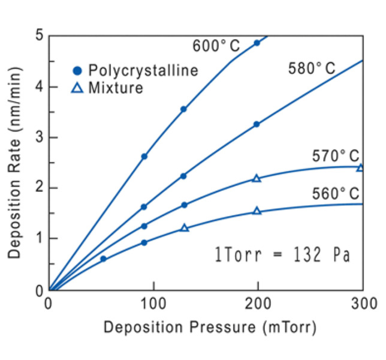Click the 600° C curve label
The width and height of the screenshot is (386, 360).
[216, 46]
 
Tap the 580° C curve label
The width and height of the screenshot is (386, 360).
[312, 69]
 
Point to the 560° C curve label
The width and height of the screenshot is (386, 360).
[336, 194]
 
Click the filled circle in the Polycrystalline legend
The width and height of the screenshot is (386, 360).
[77, 71]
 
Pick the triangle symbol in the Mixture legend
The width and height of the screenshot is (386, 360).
[77, 88]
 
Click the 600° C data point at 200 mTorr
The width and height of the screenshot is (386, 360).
[257, 43]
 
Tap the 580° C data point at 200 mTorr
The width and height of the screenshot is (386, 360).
[257, 124]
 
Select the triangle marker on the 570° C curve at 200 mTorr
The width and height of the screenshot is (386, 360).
[257, 178]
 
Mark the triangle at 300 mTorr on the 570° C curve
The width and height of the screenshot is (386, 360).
[360, 167]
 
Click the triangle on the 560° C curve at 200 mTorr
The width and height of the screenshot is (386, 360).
[257, 211]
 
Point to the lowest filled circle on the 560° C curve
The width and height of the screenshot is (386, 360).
[103, 259]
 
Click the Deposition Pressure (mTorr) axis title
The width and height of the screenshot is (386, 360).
[209, 328]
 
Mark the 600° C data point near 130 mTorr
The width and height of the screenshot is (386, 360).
[183, 109]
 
